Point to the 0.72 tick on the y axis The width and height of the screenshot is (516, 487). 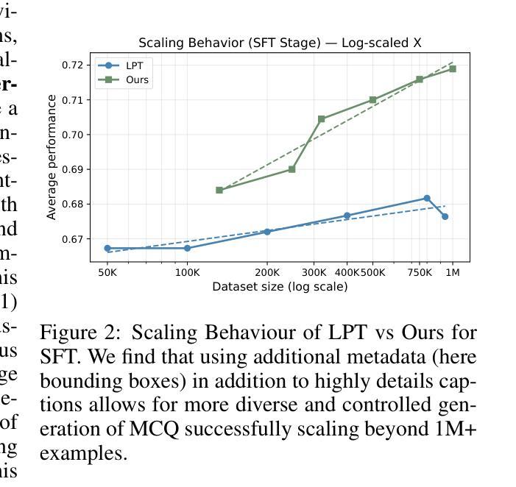[x=74, y=65]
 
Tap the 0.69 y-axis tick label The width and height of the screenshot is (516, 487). [x=74, y=169]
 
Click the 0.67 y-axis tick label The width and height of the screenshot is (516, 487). [x=74, y=239]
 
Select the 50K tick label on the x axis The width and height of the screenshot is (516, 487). [x=107, y=273]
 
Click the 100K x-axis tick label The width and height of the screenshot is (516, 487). [x=187, y=273]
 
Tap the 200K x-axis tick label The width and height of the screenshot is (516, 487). [x=267, y=273]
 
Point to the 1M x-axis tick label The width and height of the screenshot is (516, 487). [x=453, y=273]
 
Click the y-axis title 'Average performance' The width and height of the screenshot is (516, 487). [x=52, y=157]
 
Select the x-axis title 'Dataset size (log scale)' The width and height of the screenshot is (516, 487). [x=280, y=287]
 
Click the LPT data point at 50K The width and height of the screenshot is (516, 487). [x=107, y=249]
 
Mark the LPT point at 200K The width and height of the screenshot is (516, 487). [x=267, y=232]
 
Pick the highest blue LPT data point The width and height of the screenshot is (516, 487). [x=427, y=199]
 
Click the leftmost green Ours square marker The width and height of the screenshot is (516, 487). [x=219, y=190]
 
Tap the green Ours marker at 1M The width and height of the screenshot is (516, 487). [x=453, y=69]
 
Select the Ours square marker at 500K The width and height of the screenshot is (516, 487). [x=373, y=100]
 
